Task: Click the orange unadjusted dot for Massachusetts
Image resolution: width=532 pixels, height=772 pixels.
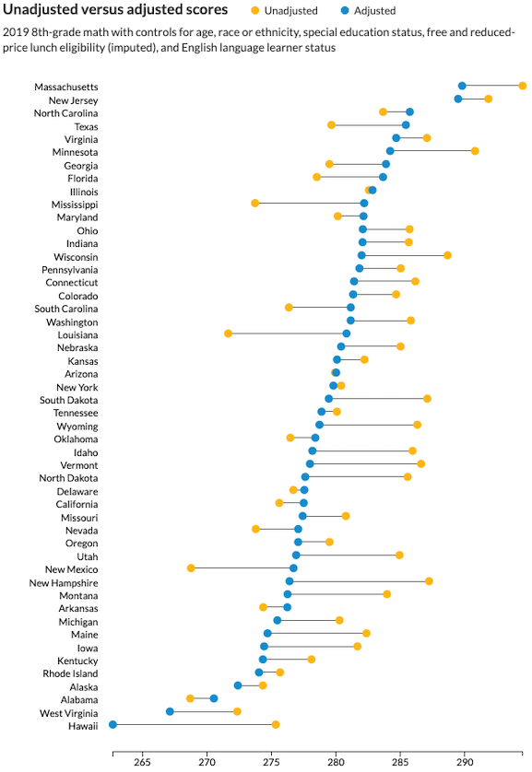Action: click(x=522, y=86)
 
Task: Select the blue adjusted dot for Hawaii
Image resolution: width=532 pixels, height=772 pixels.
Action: click(x=112, y=724)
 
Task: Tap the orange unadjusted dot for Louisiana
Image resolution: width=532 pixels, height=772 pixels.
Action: click(x=228, y=333)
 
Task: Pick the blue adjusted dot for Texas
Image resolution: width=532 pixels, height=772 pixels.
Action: click(x=406, y=124)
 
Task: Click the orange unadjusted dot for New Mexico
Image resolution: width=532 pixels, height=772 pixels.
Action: click(x=191, y=568)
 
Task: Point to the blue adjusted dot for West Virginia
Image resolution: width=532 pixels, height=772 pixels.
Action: click(x=170, y=711)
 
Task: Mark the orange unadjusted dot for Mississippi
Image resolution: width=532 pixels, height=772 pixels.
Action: click(x=254, y=203)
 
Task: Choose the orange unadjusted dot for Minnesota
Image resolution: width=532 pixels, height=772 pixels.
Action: click(x=475, y=151)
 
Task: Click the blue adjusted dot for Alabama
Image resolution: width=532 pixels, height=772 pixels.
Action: click(x=214, y=698)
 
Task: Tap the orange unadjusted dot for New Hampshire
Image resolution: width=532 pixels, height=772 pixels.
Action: click(x=429, y=581)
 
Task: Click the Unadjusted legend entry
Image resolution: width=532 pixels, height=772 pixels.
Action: click(x=284, y=11)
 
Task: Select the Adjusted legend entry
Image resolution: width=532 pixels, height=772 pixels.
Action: click(x=369, y=11)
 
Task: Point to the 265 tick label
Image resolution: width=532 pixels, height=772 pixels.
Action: click(x=142, y=762)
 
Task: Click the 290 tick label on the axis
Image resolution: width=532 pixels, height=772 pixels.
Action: click(x=465, y=762)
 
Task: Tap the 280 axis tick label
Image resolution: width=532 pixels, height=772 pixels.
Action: click(x=336, y=762)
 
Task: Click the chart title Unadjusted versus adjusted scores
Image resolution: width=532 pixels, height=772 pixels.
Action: click(x=115, y=9)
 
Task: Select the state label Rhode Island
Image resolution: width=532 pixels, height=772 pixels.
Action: click(x=70, y=673)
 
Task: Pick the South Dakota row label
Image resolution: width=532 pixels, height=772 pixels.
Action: click(x=69, y=400)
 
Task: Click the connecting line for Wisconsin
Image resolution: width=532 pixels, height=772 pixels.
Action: click(x=405, y=255)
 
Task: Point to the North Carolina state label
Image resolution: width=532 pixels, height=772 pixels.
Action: click(x=66, y=113)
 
